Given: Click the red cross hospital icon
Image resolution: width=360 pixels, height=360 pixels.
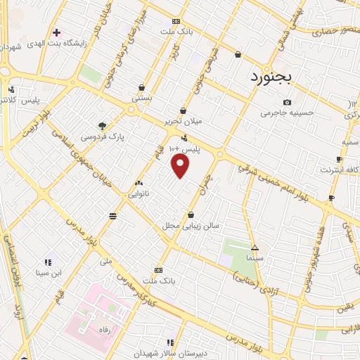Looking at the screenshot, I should tap(56, 32).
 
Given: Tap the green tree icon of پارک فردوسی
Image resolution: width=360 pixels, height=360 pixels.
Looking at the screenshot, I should tap(103, 126).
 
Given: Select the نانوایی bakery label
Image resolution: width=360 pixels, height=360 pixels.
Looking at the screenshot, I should tap(139, 193).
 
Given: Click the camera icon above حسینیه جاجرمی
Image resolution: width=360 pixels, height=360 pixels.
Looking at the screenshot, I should tap(286, 103).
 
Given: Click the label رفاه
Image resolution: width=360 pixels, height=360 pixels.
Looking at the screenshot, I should tap(105, 329).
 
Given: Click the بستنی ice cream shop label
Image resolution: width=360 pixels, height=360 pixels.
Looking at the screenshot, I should tap(141, 98).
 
